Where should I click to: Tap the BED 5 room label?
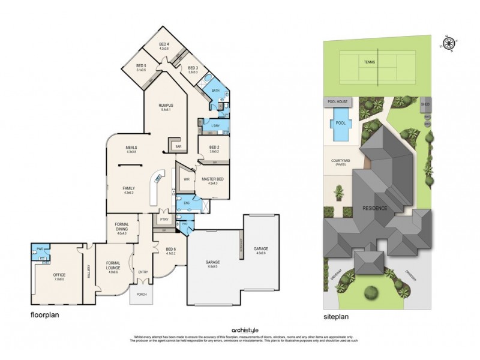(142, 67)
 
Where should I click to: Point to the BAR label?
(178, 146)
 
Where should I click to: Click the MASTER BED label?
(213, 179)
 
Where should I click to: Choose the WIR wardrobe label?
(187, 179)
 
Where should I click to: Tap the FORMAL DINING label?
(122, 228)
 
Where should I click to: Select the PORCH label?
(142, 294)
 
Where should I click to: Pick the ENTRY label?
(143, 272)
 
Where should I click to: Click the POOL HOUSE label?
(337, 102)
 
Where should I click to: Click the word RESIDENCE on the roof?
(374, 208)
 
